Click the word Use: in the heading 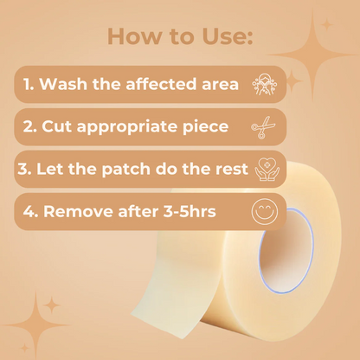point(228,36)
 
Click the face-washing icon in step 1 point(265,84)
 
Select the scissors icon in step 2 point(263,127)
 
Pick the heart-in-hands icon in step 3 point(267,170)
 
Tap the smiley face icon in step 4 point(265,212)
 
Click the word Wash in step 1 point(63,84)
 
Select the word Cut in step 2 point(57,126)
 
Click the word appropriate point(127,127)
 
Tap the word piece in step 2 point(206,127)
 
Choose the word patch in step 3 point(125,170)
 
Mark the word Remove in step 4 point(79,211)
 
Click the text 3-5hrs point(190,211)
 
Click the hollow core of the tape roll point(286,250)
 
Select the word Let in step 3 point(49,169)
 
